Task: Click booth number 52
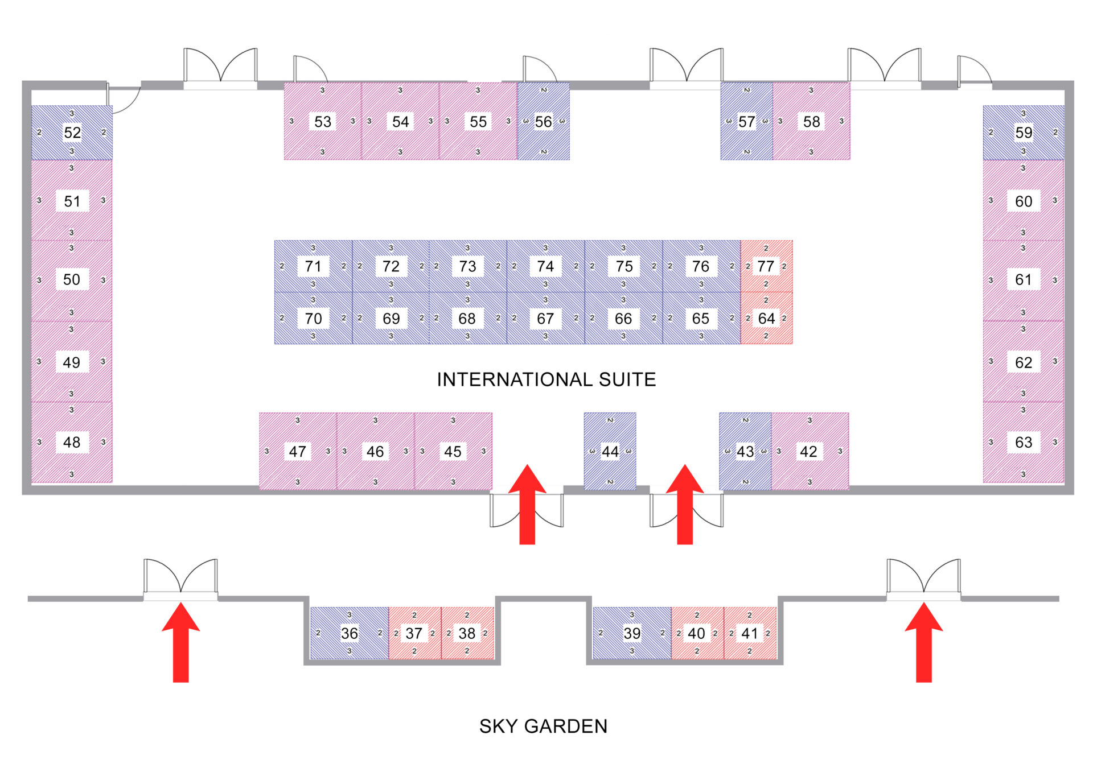72,133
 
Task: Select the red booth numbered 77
766,266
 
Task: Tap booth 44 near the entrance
610,451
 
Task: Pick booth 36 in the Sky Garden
349,633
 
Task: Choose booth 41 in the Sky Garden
750,633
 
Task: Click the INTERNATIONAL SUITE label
546,379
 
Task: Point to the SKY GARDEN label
543,726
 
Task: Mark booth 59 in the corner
1023,133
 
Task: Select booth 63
1023,442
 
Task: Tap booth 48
72,442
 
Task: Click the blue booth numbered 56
543,121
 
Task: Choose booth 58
811,121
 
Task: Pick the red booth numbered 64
766,318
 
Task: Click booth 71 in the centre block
313,266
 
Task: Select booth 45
453,451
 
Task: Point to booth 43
745,451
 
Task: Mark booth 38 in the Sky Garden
467,633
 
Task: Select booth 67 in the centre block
545,318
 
